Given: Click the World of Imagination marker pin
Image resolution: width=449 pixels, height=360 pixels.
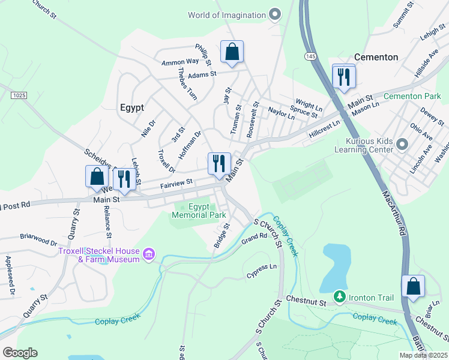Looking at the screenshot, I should pos(275,15).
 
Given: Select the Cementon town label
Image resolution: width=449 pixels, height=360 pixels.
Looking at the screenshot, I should pos(376,57).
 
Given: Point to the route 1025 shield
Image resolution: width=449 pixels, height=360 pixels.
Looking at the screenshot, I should pos(19,95).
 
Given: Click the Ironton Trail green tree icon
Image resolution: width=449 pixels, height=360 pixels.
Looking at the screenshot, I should pos(339,297).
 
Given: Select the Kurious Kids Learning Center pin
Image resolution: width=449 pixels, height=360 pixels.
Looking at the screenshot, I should pos(402,145).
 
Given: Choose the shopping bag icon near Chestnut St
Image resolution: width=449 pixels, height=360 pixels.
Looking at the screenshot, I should pos(414,287).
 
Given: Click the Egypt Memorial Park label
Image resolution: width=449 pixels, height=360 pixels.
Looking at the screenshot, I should pos(199,211).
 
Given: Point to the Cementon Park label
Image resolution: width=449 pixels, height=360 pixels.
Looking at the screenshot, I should pos(412,96).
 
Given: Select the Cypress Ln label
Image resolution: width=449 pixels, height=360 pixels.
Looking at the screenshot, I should pos(262,271).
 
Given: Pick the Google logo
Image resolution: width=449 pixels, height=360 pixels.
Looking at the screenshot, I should pos(20,352).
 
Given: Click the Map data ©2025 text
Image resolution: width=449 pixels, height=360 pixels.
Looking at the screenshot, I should pos(423,355).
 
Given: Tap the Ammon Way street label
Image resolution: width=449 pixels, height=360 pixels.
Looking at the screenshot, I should pos(179,62).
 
